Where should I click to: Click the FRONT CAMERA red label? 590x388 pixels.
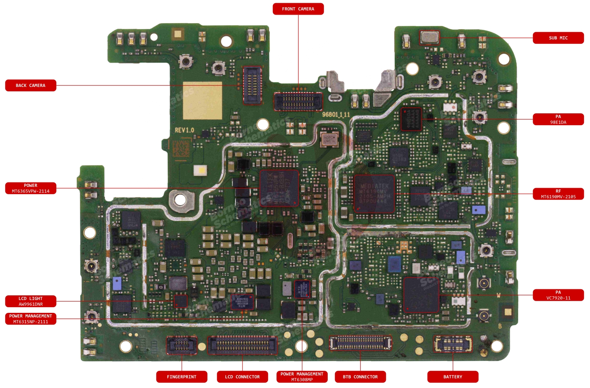[x=298, y=9]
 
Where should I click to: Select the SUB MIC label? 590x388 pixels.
[x=558, y=38]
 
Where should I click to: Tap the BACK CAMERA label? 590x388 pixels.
[x=30, y=85]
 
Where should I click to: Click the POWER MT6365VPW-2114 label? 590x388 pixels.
[x=30, y=188]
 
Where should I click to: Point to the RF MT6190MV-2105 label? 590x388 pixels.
[x=558, y=194]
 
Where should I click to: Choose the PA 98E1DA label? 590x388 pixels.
[x=558, y=119]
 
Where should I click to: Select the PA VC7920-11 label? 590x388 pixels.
[x=558, y=295]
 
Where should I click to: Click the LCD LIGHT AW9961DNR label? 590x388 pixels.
[x=30, y=301]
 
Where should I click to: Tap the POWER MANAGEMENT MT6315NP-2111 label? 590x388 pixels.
[x=30, y=319]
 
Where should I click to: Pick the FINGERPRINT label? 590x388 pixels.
[x=182, y=377]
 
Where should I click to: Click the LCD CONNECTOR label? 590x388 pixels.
[x=242, y=377]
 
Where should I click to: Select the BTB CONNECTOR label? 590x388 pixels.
[x=360, y=377]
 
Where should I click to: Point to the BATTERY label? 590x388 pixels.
[x=453, y=377]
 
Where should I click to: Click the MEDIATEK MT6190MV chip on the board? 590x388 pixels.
[x=374, y=194]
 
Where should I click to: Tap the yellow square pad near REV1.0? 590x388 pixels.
[x=203, y=100]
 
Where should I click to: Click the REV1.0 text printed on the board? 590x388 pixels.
[x=184, y=130]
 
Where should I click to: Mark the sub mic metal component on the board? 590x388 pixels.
[x=429, y=37]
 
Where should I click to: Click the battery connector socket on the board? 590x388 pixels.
[x=453, y=344]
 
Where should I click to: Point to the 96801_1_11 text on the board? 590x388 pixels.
[x=336, y=115]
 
